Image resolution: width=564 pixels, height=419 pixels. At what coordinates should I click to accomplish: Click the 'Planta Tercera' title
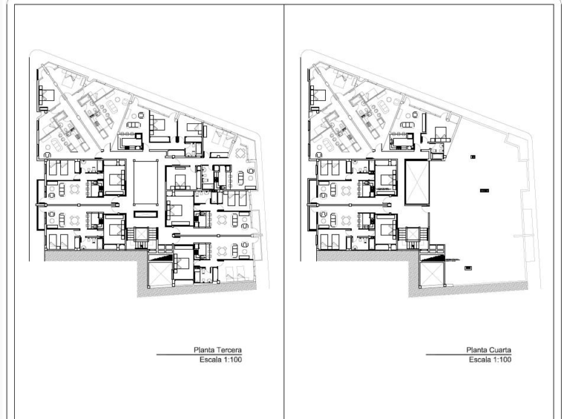point(217,350)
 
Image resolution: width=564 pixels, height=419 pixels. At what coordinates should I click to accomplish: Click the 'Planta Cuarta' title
point(489,350)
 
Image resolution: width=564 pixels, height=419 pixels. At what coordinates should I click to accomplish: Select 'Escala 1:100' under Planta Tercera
point(221,360)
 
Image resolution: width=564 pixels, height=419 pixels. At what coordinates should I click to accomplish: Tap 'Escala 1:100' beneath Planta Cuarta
point(490,360)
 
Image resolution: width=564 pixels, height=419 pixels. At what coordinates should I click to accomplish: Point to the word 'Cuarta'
point(500,350)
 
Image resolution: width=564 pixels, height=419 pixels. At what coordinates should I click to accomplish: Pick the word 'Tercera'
point(229,350)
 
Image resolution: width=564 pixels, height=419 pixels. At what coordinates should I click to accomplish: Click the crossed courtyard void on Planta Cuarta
point(417,183)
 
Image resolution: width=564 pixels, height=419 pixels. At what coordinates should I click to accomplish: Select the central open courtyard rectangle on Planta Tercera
point(146,183)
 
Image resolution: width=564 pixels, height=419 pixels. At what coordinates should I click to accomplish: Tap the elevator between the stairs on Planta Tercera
point(141,235)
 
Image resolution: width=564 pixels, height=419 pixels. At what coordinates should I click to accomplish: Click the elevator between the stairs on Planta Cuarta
point(412,235)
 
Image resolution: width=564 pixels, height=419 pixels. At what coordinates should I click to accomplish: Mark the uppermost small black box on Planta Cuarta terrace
point(472,157)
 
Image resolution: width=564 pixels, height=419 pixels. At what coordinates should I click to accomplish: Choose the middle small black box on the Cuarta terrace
point(484,191)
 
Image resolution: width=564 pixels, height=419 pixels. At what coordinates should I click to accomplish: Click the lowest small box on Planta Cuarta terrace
point(468,268)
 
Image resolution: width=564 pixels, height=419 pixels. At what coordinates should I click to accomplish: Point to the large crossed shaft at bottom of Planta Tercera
point(161,274)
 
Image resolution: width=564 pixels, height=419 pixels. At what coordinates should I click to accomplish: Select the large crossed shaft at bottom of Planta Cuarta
point(432,274)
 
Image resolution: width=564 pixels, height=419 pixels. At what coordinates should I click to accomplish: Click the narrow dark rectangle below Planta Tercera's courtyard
point(146,215)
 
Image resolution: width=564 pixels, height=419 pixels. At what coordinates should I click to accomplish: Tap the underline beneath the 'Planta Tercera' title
point(199,354)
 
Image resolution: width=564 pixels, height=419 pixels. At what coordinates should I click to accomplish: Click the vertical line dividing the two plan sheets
point(283,212)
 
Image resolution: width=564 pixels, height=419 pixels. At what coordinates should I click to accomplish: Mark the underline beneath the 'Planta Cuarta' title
point(469,354)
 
